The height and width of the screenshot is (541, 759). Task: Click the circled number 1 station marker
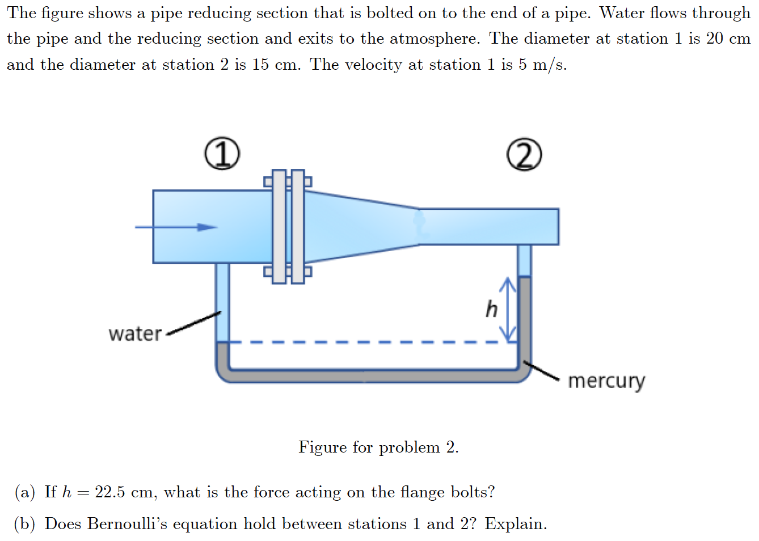point(222,154)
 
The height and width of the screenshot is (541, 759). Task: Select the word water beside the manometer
point(135,333)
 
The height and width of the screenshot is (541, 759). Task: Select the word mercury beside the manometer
point(606,381)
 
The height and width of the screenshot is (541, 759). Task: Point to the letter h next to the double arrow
point(491,310)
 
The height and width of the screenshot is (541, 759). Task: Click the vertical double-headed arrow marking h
point(509,310)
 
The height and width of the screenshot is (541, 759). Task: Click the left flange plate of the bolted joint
point(279,226)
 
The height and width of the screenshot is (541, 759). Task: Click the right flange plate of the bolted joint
point(298,226)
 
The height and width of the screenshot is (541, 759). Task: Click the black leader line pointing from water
point(193,323)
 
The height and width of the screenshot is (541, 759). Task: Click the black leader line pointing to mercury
point(541,371)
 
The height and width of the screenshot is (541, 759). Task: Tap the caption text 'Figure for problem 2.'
point(378,447)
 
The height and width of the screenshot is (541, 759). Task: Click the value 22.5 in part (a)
point(109,492)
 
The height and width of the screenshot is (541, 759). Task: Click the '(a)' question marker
point(25,492)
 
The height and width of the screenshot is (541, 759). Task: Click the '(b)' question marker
point(25,524)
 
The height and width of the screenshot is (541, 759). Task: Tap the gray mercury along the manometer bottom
point(369,375)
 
